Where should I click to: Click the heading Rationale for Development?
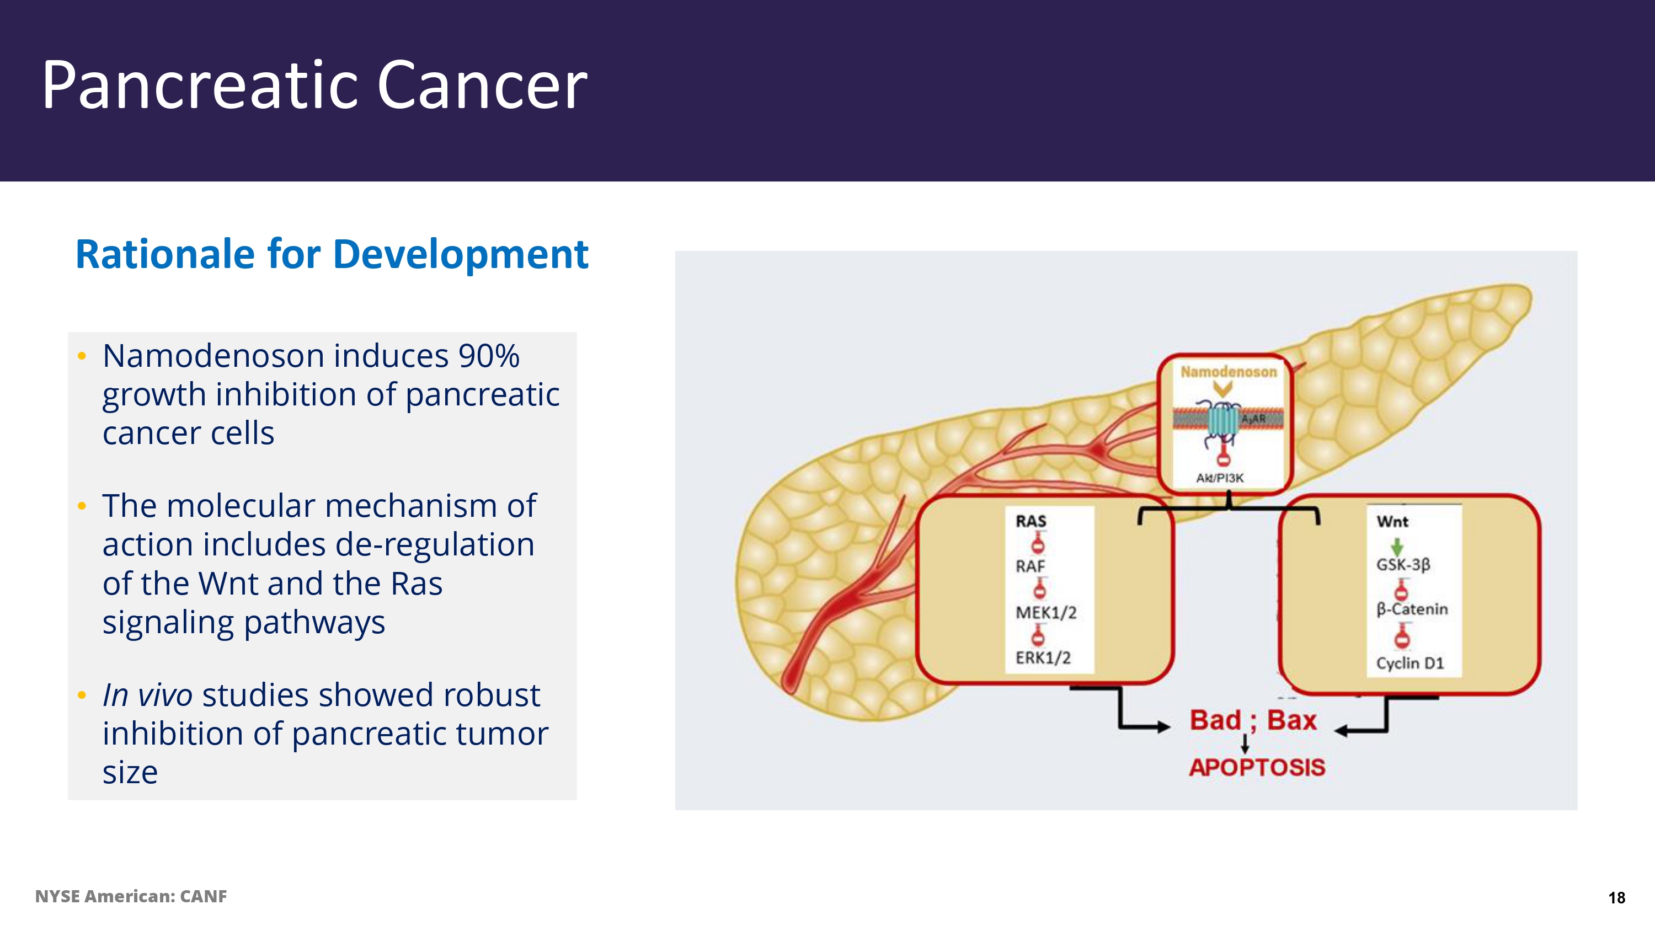click(332, 254)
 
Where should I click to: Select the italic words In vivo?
click(147, 695)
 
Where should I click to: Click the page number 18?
click(1616, 897)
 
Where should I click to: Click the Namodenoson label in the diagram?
click(1229, 372)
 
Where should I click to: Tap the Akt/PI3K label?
click(1219, 478)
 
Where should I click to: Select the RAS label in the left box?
click(1031, 521)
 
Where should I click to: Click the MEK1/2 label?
click(1045, 612)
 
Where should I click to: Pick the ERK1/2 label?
click(1043, 658)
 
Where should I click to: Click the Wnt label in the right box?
click(1392, 521)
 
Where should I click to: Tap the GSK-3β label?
click(1402, 565)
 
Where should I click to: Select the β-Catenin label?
click(1412, 609)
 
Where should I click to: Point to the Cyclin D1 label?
click(1410, 663)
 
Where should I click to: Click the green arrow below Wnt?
click(1397, 546)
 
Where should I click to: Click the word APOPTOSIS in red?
click(1257, 767)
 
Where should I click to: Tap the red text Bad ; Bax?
click(1253, 720)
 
